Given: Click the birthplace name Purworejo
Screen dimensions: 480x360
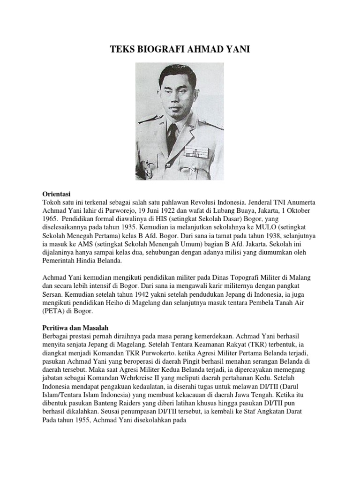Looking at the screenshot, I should tap(117, 210).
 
